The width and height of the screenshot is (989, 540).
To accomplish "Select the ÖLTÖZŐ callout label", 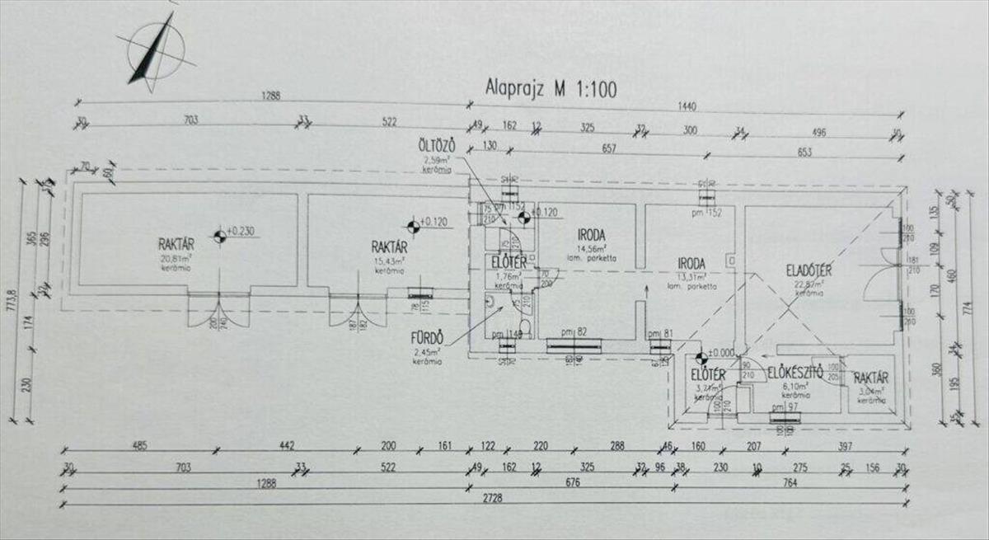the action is [435, 146].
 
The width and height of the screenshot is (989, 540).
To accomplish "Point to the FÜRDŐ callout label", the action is [428, 337].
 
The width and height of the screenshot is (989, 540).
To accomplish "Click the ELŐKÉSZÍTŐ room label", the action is [796, 373].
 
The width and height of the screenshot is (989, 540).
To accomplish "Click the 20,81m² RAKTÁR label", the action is [176, 244].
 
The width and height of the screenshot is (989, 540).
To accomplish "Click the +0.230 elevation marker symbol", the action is [219, 237].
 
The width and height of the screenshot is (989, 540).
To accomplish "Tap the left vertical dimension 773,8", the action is [12, 300].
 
